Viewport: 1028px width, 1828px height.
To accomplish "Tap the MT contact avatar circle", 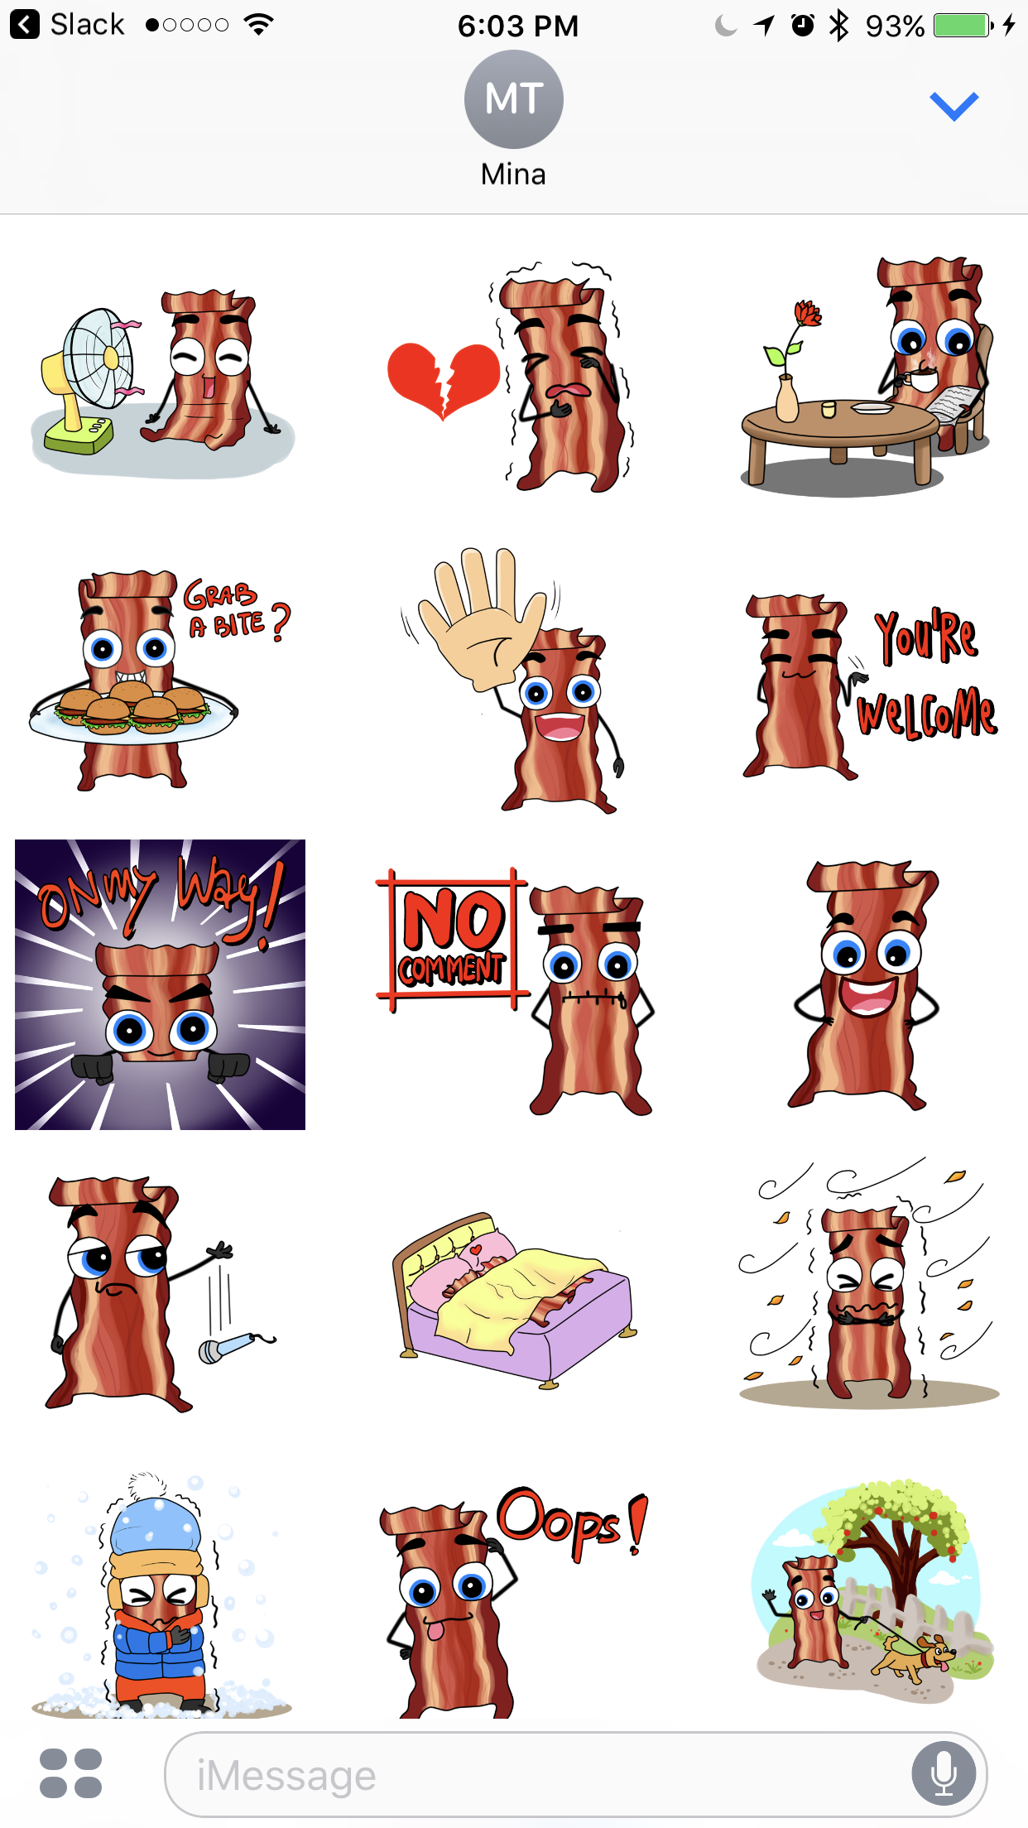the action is (513, 99).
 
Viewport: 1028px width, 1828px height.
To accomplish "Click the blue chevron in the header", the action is (954, 105).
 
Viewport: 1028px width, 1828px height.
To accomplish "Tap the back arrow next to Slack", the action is (25, 24).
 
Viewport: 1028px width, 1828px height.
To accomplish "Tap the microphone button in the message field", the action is (944, 1773).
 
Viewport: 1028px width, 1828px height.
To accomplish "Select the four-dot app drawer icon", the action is (70, 1773).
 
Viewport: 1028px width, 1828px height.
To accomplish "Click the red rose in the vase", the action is (807, 314).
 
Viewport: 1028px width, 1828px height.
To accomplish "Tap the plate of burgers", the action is (132, 712).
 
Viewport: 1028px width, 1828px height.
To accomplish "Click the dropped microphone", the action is (235, 1345).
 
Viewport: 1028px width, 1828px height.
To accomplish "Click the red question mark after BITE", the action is (281, 623).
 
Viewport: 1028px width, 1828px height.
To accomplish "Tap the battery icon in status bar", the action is (963, 25).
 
